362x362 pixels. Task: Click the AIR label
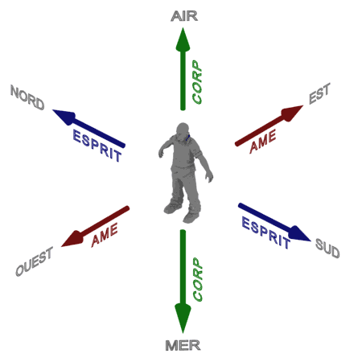184,16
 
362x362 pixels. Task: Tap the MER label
183,345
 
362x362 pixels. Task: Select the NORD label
27,97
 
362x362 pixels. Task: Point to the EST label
319,93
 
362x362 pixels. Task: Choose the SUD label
327,249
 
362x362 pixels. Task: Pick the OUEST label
34,261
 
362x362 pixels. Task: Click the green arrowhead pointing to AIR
183,39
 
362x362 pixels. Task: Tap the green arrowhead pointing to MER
183,319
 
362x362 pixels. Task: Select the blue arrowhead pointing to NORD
64,116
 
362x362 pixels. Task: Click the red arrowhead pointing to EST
292,113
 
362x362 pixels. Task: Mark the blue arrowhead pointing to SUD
300,234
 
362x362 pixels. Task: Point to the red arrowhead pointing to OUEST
72,239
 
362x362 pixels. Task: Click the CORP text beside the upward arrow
197,82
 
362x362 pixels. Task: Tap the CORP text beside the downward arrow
198,279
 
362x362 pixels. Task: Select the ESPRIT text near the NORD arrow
97,146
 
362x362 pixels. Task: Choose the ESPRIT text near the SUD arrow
265,232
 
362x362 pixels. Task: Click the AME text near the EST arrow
263,141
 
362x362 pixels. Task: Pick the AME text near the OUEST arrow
105,235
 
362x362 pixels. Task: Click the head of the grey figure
183,130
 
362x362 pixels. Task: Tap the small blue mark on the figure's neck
187,138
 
